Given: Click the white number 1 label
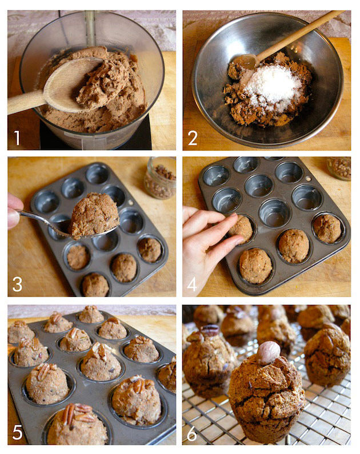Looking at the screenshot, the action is click(17, 138).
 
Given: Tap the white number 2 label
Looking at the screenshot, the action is click(193, 138).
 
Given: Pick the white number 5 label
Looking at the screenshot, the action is click(18, 432).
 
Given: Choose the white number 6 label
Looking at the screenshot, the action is click(192, 433).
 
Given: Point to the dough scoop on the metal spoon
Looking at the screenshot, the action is click(94, 216).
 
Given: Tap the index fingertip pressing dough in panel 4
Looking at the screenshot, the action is click(235, 218).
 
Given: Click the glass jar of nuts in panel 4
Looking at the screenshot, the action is click(339, 168).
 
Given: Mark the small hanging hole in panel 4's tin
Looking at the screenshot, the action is click(309, 179).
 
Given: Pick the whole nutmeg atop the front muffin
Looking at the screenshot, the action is click(268, 353).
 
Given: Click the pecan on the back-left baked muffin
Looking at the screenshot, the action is click(210, 330).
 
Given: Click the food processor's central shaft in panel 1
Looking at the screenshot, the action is click(90, 28).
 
